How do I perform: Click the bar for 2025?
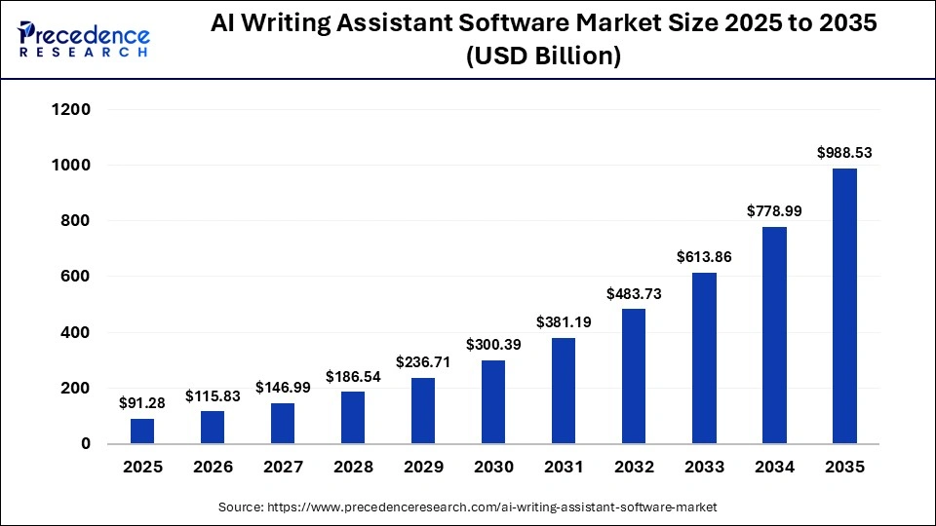tap(142, 431)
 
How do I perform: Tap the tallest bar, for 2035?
tap(844, 306)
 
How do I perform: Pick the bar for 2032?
tap(634, 376)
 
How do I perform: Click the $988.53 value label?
tap(844, 153)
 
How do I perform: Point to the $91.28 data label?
tap(142, 402)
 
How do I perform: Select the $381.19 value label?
tap(564, 322)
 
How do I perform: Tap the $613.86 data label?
tap(704, 257)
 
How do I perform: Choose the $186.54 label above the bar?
tap(353, 376)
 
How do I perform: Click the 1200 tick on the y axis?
tap(70, 110)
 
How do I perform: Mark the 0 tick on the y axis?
tap(86, 444)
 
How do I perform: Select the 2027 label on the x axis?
tap(283, 468)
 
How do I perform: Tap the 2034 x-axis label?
tap(774, 468)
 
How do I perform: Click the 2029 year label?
tap(423, 468)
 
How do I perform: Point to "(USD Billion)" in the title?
tap(544, 56)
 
